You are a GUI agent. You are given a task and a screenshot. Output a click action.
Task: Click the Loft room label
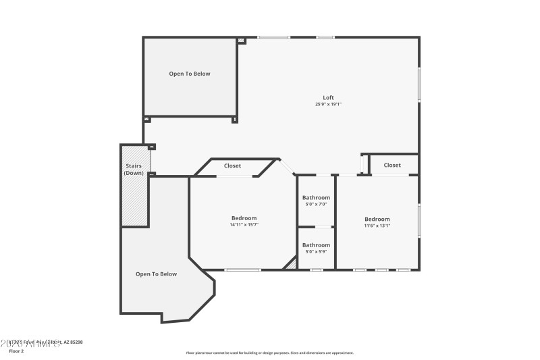[328, 97]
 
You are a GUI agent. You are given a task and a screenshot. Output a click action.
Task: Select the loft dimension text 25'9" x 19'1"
[328, 104]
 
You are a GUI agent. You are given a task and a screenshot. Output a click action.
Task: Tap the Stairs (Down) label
[133, 170]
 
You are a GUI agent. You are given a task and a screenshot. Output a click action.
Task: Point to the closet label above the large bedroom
[233, 165]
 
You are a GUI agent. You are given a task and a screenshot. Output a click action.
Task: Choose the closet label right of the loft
[392, 165]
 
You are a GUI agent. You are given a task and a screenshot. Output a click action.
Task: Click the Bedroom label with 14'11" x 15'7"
[244, 217]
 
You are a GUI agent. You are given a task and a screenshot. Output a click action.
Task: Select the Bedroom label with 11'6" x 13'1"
[377, 219]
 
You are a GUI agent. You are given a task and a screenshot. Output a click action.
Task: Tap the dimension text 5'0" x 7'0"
[316, 204]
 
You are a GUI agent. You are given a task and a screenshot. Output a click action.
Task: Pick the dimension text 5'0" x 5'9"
[316, 251]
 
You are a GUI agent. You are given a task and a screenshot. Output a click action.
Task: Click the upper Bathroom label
[316, 197]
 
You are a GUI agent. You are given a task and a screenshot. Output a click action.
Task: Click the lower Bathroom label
[316, 245]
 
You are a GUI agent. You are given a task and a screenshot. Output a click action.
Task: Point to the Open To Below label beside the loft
[190, 74]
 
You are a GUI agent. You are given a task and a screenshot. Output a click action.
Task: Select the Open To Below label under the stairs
[156, 274]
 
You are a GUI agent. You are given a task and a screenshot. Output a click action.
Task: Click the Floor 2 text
[16, 351]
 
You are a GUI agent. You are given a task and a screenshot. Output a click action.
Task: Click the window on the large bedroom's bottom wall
[242, 270]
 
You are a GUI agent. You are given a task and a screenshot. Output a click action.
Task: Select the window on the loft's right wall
[418, 85]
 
